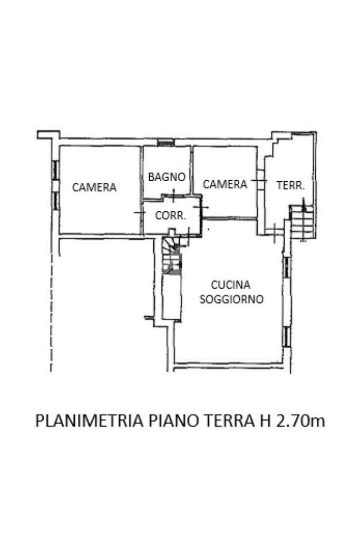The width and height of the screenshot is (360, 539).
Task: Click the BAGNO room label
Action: pos(167,177)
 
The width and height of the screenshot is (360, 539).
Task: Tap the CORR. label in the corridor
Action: pos(169,215)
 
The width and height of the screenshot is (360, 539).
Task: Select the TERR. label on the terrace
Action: pos(290,185)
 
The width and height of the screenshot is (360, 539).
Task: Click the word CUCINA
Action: pos(230,285)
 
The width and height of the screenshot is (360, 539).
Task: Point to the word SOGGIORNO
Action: pos(231,299)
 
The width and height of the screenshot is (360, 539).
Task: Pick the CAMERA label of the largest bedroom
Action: pos(94,187)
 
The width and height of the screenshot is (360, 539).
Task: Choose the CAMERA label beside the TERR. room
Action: pos(225,184)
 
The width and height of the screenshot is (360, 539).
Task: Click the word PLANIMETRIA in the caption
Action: pos(90,422)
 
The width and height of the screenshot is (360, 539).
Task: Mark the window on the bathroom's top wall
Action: pos(166,142)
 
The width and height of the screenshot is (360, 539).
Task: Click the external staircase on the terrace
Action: pos(303,222)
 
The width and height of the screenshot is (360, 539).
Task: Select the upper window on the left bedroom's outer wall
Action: pos(55,170)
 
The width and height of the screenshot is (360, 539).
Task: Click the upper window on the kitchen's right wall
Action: pos(286,267)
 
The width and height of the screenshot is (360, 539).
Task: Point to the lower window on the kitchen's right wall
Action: pos(286,336)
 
